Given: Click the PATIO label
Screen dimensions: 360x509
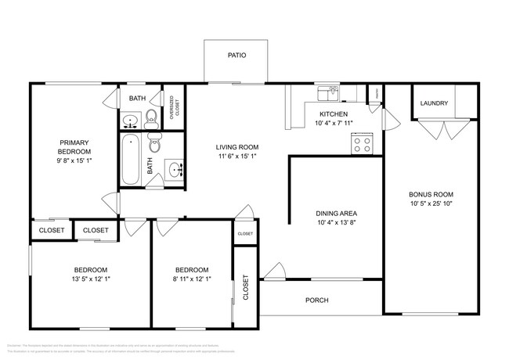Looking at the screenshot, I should pos(236,56).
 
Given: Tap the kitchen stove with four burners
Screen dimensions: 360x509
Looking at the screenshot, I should pos(361,143).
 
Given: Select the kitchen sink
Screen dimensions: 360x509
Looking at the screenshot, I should pos(328,94).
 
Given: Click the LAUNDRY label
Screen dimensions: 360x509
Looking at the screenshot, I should pos(433,103).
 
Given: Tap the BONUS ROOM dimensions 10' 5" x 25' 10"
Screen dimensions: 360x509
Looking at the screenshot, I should pos(431,205).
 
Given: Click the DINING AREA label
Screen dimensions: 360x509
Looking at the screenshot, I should pos(336,212).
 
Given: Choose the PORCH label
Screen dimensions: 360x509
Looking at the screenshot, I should pos(316,301).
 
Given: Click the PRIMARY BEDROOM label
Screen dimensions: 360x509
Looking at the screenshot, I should pos(75,146).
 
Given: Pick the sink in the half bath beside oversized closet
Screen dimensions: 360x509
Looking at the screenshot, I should pos(131,121).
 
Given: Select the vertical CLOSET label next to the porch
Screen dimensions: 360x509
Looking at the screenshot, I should pos(245,287).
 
